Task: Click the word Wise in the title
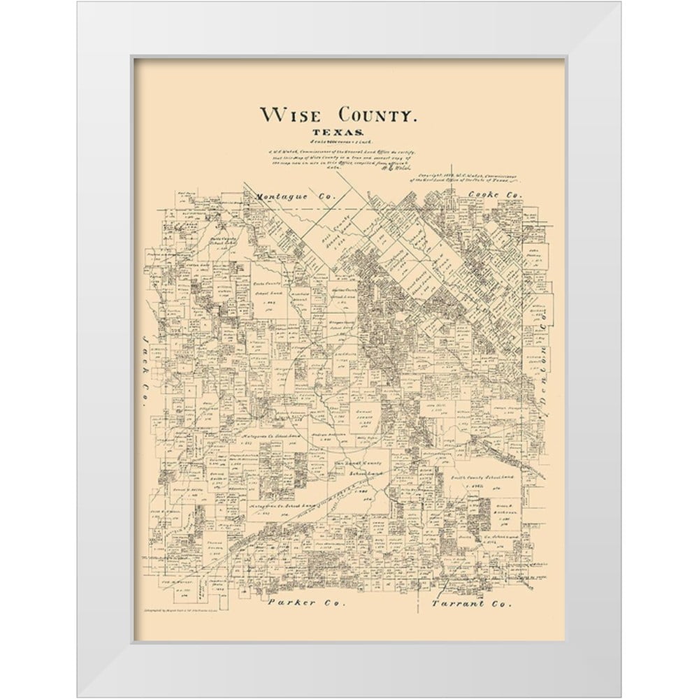click(x=291, y=115)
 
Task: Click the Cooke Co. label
click(x=494, y=196)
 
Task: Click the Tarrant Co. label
click(x=472, y=602)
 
